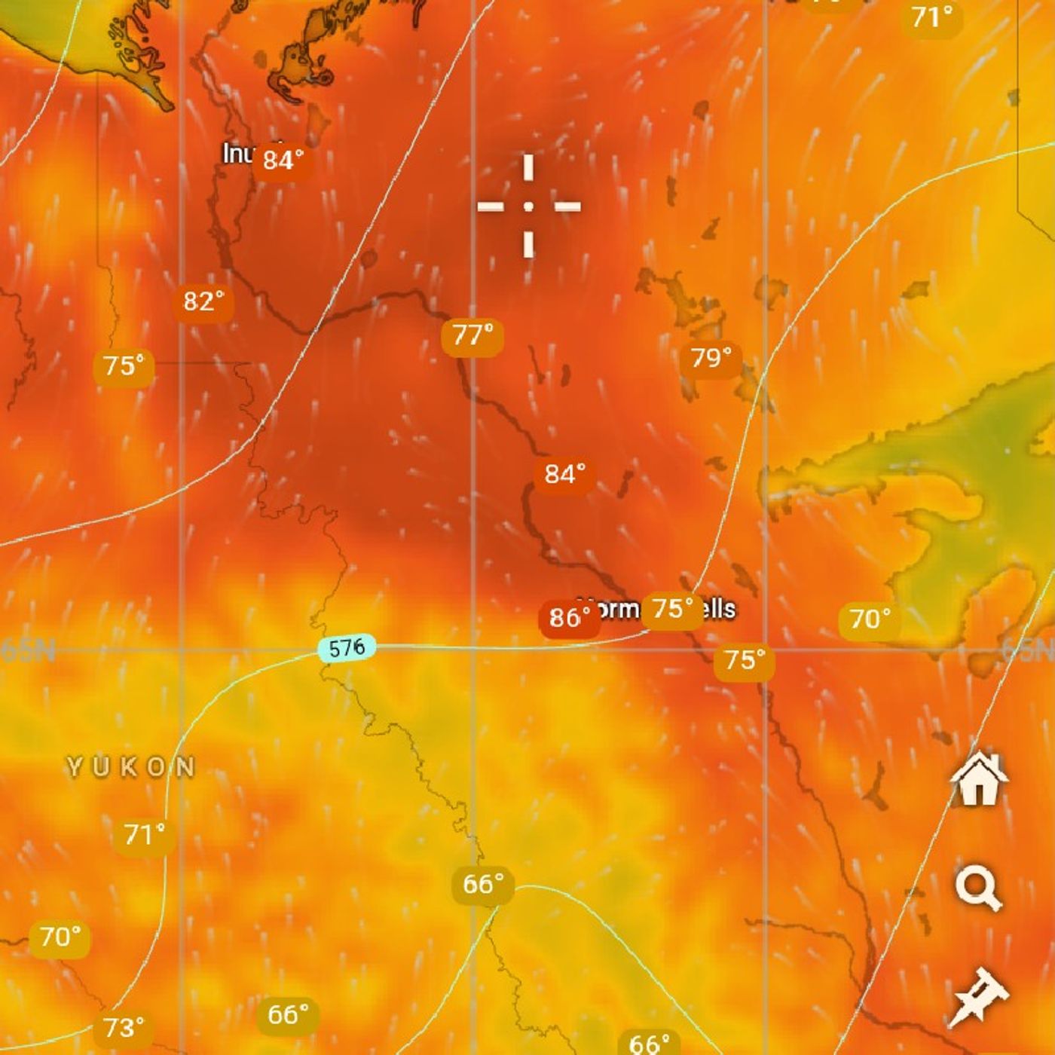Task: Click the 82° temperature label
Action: [x=203, y=302]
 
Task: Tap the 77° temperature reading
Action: [x=472, y=335]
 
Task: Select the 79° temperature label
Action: [x=711, y=358]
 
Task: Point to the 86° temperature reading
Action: [x=569, y=618]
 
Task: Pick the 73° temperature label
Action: [x=124, y=1028]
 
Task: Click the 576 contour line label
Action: [x=347, y=648]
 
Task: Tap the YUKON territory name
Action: [x=131, y=768]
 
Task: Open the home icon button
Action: [x=978, y=780]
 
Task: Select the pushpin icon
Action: [x=978, y=998]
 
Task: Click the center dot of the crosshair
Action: [x=529, y=206]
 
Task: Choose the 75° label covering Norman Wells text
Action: [x=672, y=609]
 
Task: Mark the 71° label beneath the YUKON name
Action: [x=144, y=835]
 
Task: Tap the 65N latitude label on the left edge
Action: [x=27, y=650]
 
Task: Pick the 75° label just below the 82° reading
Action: [x=124, y=366]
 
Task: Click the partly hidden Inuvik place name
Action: [x=237, y=154]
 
